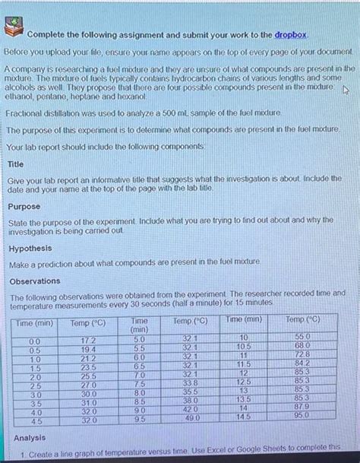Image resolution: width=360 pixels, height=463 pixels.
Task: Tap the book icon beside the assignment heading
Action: click(14, 30)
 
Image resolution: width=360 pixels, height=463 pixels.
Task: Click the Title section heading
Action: click(15, 163)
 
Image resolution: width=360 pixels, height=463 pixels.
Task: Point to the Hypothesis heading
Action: click(30, 248)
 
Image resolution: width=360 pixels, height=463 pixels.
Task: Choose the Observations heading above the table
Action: click(33, 281)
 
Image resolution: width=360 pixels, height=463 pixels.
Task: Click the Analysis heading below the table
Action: click(30, 438)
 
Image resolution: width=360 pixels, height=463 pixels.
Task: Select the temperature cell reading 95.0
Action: click(302, 415)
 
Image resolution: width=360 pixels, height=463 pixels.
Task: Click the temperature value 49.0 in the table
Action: click(190, 418)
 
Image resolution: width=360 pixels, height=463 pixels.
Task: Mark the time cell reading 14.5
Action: click(243, 416)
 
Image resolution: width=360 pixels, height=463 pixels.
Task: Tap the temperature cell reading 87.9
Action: click(302, 406)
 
